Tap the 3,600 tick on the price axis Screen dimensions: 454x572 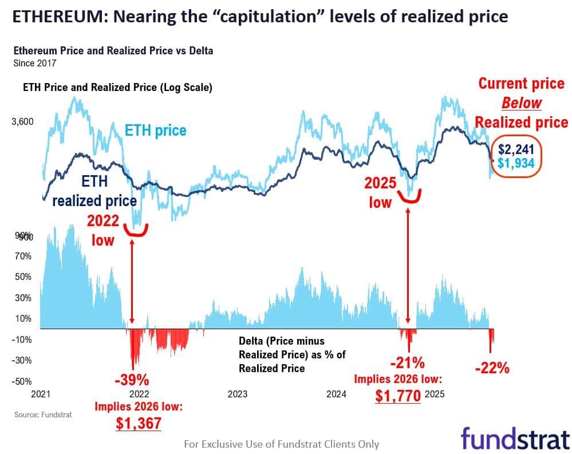click(23, 121)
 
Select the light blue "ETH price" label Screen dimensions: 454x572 click(156, 131)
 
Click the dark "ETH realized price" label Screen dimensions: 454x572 click(94, 191)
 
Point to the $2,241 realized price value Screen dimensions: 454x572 click(516, 149)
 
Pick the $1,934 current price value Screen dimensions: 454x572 click(516, 163)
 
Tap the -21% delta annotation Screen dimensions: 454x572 click(407, 362)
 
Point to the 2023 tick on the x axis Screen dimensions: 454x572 click(237, 394)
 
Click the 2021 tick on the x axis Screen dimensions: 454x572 click(41, 394)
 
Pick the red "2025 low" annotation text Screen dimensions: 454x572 click(380, 192)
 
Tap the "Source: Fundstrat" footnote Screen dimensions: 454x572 click(43, 414)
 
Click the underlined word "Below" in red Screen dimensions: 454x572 click(522, 102)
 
